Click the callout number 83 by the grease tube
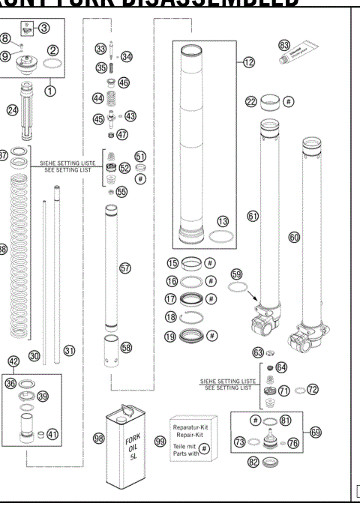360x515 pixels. pos(284,45)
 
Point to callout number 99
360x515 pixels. pos(160,442)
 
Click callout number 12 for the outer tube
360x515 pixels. pos(249,62)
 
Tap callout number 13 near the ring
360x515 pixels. pos(222,221)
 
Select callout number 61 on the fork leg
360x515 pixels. pos(253,215)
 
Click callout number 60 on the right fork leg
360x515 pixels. pos(294,237)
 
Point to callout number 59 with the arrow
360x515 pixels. pos(238,274)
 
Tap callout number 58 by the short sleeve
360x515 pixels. pos(126,348)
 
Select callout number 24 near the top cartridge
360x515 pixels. pos(12,109)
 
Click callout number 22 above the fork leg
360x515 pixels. pos(252,101)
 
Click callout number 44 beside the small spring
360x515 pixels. pos(98,98)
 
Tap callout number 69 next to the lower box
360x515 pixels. pos(315,432)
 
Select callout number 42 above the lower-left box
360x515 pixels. pos(13,361)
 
